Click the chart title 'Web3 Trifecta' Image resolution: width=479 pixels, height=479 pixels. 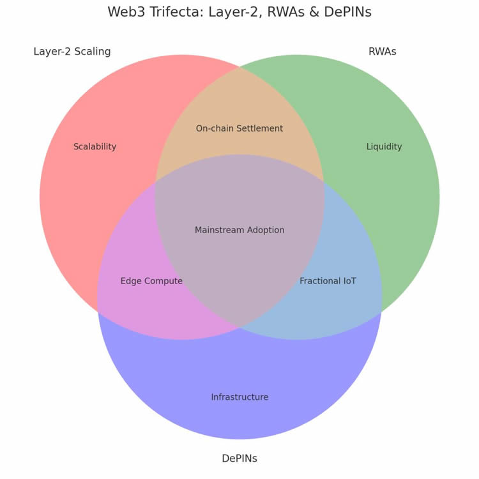(240, 12)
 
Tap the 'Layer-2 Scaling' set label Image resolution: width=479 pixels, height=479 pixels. (72, 52)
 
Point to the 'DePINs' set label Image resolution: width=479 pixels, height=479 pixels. (240, 459)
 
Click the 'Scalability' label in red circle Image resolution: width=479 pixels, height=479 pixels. (95, 147)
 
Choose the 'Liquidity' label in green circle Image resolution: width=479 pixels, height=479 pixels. (384, 147)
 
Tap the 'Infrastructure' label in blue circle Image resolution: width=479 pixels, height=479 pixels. (240, 397)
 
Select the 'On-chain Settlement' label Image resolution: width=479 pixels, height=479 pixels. (240, 128)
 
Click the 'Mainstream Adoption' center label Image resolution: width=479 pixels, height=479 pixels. (240, 230)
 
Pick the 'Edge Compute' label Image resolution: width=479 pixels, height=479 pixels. (151, 281)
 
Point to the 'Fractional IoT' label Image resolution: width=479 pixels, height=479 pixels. (328, 281)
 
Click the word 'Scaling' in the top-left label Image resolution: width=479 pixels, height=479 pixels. (93, 52)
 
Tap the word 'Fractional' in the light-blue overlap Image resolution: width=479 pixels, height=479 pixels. (320, 281)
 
